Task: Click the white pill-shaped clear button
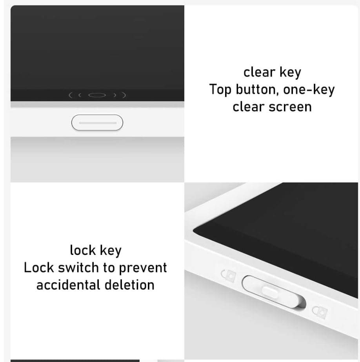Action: [x=97, y=123]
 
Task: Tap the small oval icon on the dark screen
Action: [x=97, y=95]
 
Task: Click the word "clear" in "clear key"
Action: [x=259, y=72]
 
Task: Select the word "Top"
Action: [x=220, y=89]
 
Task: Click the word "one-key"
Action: [x=309, y=89]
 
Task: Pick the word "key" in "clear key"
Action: [x=290, y=73]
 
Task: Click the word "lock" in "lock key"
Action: [x=83, y=250]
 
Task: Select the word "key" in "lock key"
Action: [x=111, y=251]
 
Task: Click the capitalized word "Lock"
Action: [x=38, y=267]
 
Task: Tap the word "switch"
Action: [x=78, y=267]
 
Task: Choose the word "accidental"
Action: [x=68, y=285]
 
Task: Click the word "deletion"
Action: [x=129, y=285]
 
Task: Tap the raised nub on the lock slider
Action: [x=269, y=292]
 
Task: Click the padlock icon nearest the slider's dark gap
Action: [x=320, y=312]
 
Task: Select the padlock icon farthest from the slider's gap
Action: [x=229, y=275]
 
